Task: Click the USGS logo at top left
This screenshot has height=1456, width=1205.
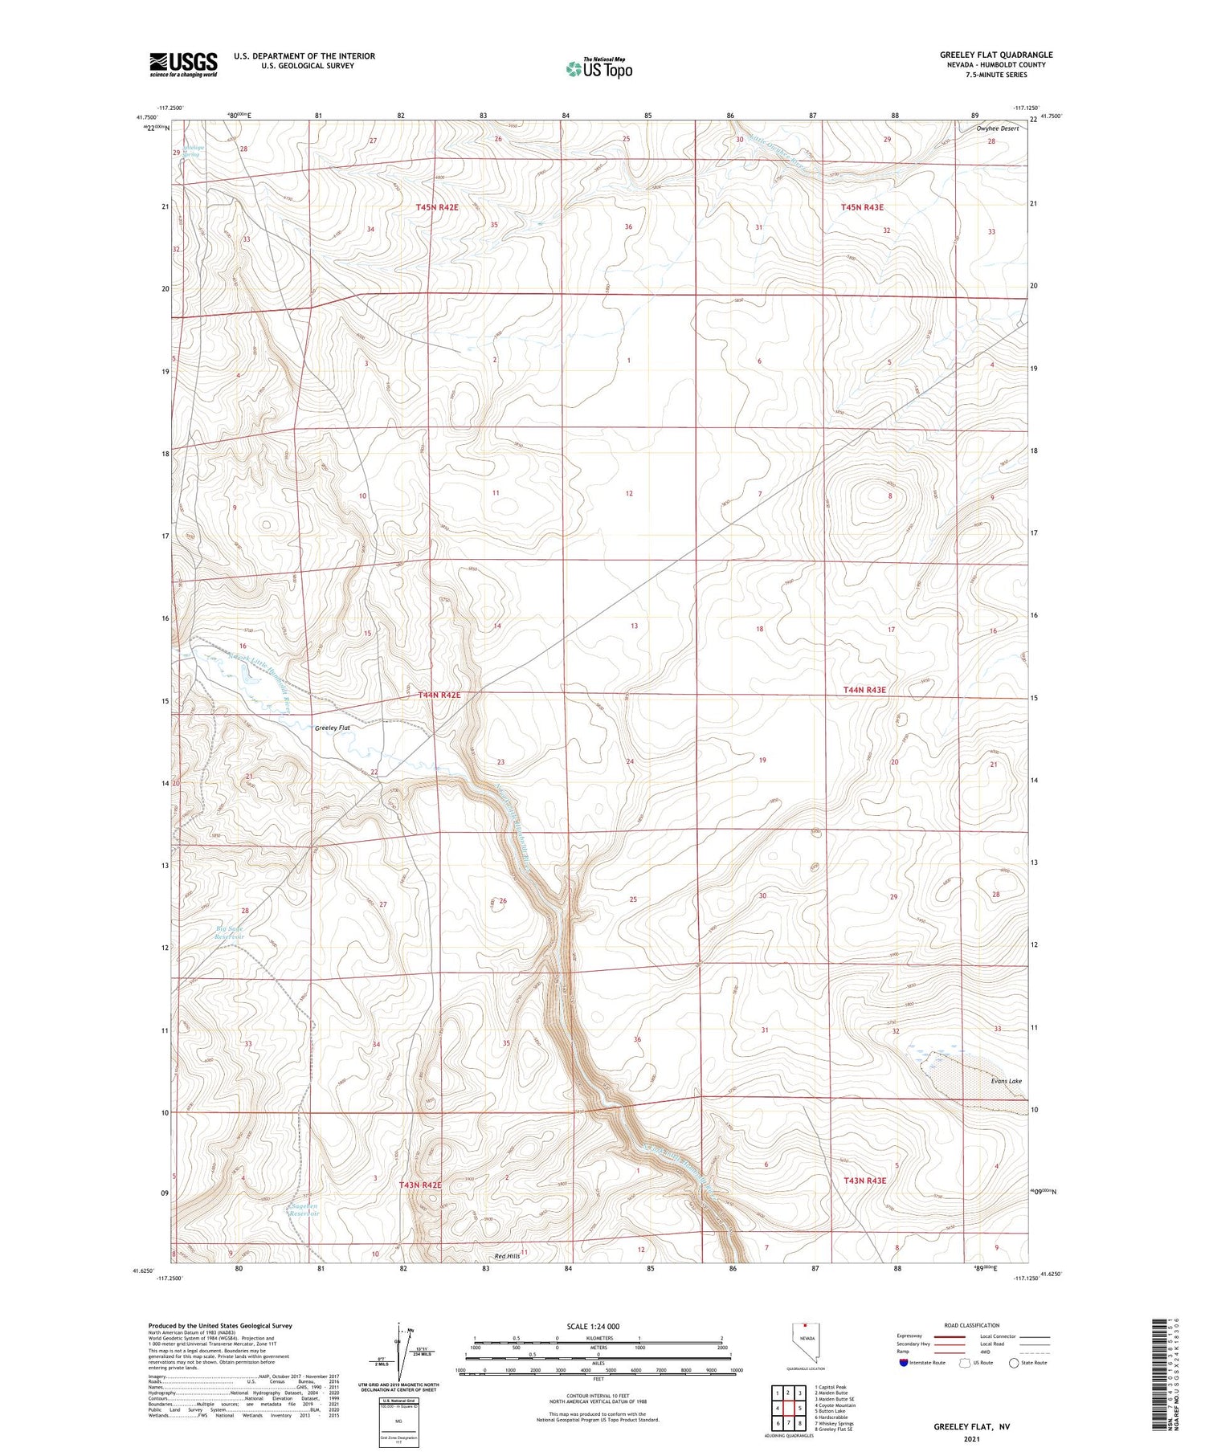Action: (x=183, y=64)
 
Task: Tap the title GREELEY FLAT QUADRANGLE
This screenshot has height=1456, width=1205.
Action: (x=996, y=55)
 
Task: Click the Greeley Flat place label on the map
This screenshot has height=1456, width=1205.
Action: (x=333, y=728)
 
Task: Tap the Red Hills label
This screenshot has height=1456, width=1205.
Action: (x=507, y=1254)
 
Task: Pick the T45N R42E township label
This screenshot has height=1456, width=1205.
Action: (x=437, y=207)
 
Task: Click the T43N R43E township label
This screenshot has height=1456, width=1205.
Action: (x=864, y=1181)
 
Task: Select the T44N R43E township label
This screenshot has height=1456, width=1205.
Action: (x=864, y=690)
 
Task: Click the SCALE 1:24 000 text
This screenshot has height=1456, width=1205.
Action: (x=593, y=1326)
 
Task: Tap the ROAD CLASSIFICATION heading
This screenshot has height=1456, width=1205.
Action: (x=972, y=1325)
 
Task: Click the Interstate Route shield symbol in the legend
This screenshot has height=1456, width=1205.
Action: (x=904, y=1362)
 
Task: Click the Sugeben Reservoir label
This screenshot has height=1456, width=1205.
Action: (x=305, y=1209)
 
